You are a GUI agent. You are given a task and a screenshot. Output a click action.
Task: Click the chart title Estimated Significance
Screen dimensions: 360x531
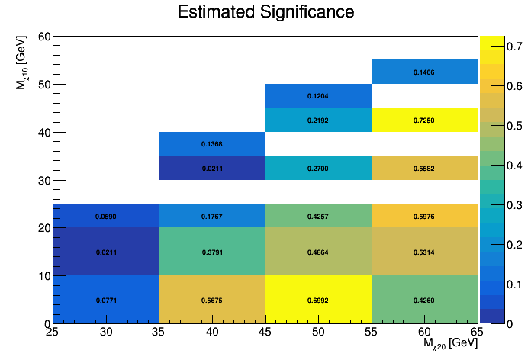coord(265,12)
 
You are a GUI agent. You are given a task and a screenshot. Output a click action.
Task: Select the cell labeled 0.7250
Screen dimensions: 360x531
coord(424,120)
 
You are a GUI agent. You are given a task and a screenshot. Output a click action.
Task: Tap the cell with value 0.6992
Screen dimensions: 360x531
coord(318,300)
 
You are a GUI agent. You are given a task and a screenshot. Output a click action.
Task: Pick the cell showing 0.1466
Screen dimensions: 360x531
coord(424,72)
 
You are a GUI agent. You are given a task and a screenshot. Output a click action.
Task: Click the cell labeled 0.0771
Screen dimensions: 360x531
coord(106,300)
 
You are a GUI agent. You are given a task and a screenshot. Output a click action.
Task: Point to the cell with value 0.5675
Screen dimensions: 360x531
coord(212,300)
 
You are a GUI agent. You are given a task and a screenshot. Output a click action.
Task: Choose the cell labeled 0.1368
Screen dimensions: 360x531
coord(212,143)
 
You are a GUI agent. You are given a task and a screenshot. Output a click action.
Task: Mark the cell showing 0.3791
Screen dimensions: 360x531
coord(212,252)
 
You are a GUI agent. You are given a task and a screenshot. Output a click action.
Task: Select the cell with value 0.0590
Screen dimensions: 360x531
coord(106,216)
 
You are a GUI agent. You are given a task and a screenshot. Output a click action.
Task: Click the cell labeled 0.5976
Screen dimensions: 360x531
coord(424,216)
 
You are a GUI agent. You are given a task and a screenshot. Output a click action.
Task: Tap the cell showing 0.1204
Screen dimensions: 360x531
coord(318,96)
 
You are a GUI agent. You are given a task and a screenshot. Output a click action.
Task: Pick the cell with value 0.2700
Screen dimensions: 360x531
coord(318,168)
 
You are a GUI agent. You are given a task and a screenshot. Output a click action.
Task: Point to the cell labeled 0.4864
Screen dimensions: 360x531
coord(318,252)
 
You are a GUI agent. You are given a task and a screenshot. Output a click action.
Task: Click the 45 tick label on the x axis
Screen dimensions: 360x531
coord(265,333)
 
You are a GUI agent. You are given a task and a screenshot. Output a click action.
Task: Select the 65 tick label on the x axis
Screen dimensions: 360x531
coord(477,333)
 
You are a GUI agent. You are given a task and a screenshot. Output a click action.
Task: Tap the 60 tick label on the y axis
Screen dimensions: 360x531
coord(43,37)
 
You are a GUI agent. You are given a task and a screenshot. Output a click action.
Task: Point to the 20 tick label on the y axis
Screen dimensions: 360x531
coord(43,228)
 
